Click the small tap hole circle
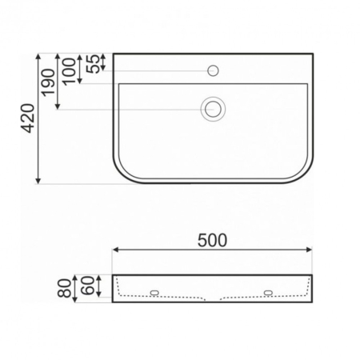213,70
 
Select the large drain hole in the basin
213,108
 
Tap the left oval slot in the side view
155,291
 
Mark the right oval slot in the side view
270,291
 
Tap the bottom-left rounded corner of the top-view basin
122,174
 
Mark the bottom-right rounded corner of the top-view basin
305,174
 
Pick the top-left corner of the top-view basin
114,54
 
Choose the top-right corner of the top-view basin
313,54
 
